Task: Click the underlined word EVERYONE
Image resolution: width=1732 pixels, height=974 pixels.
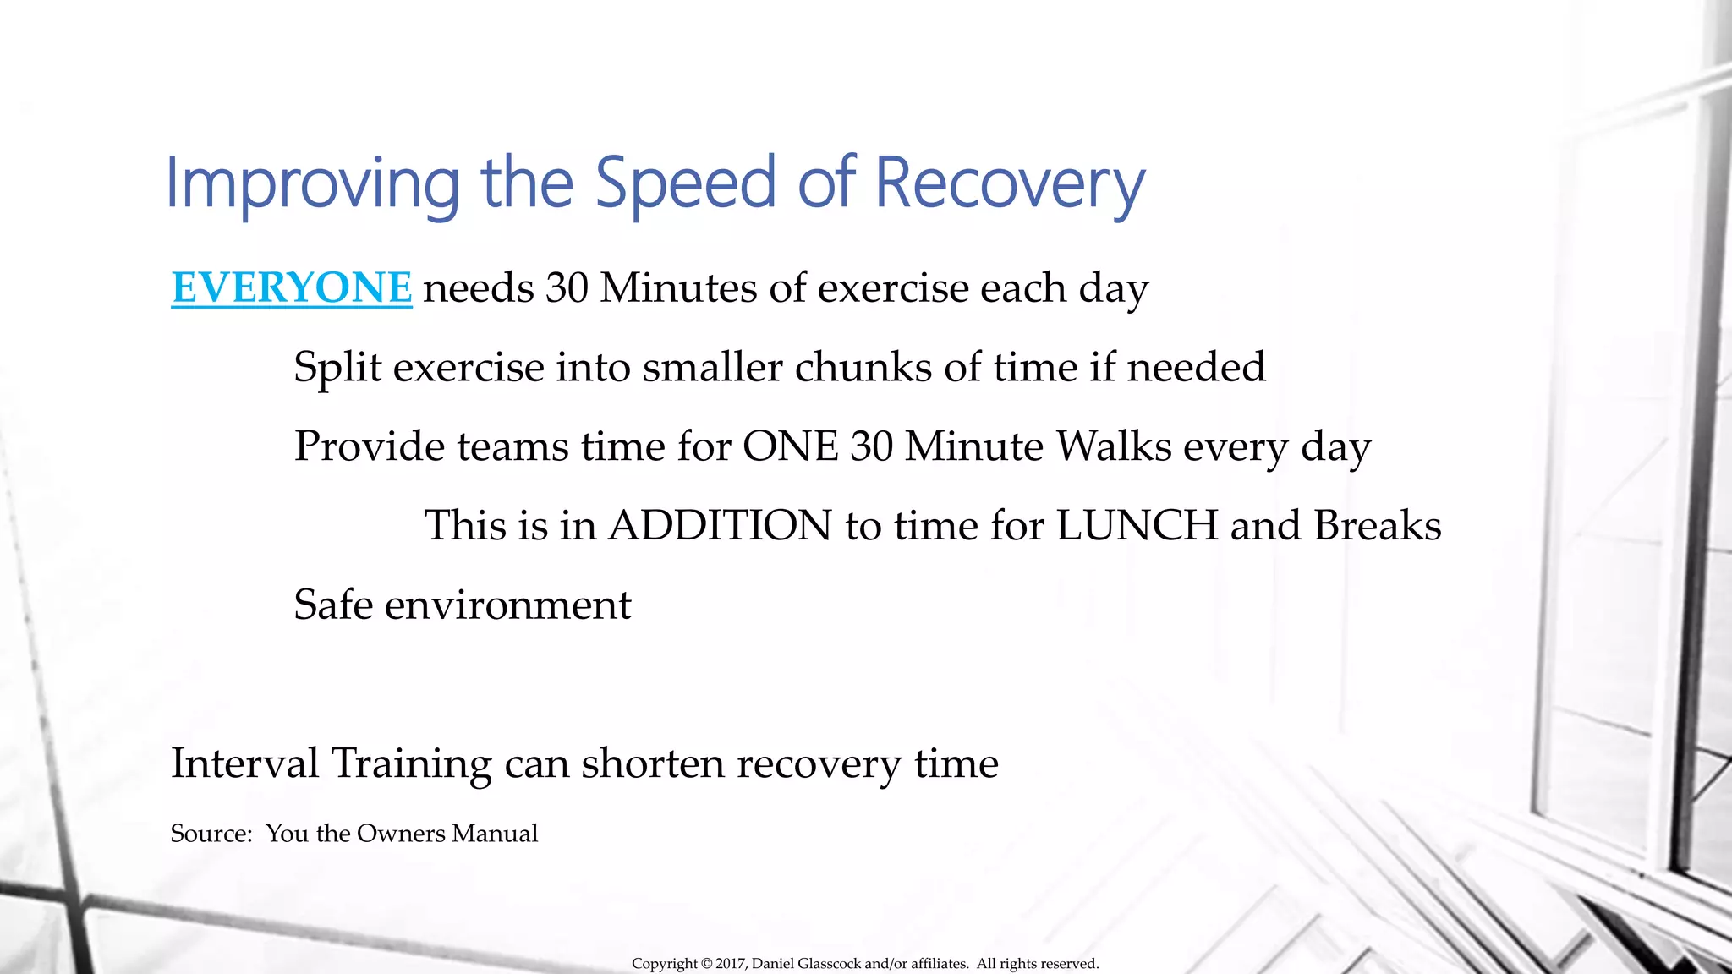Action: tap(291, 288)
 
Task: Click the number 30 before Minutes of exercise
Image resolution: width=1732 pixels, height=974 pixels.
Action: tap(567, 288)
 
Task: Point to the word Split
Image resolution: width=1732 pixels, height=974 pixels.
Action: tap(337, 368)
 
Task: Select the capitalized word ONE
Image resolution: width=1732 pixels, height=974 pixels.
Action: tap(790, 446)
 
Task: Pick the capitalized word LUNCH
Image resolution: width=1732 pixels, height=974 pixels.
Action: tap(1137, 526)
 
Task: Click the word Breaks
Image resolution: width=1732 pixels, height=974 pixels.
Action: tap(1378, 526)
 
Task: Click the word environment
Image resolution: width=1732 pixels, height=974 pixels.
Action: tap(508, 605)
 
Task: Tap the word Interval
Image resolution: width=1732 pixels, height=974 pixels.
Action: tap(244, 763)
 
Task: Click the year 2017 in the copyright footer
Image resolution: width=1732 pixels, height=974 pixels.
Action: tap(730, 964)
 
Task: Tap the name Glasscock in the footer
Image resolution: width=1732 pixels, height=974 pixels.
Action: tap(830, 964)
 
